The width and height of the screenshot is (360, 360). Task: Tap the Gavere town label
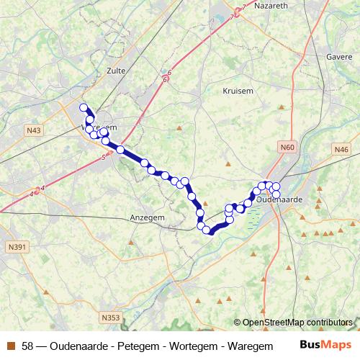tap(339, 56)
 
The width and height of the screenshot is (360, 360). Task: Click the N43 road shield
tap(33, 130)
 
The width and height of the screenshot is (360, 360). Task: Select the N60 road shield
tap(288, 148)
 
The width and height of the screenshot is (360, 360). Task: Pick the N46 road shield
tap(341, 149)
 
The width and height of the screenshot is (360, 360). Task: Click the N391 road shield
tap(17, 247)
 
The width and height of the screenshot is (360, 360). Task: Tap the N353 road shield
tap(110, 318)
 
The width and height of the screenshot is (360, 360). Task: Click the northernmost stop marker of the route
tap(84, 108)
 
